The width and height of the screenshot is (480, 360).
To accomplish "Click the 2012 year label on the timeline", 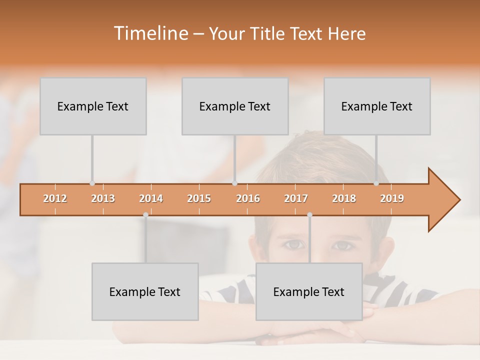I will (x=55, y=198).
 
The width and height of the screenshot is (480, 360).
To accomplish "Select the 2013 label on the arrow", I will (x=103, y=198).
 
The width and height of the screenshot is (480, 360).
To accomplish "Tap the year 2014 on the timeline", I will (x=151, y=198).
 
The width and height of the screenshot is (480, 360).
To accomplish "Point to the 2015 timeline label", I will (x=199, y=198).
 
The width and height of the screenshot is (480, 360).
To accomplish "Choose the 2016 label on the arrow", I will (x=248, y=198).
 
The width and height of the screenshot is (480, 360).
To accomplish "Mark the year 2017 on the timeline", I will (x=296, y=198).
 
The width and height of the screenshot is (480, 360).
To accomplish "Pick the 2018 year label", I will (x=344, y=198).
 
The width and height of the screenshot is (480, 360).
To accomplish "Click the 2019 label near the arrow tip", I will (x=392, y=198).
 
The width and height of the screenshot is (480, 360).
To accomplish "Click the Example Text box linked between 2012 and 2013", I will (x=93, y=106).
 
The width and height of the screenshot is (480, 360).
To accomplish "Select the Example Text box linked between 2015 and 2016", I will (x=235, y=106).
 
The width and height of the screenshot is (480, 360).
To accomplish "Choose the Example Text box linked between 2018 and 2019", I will (x=377, y=106).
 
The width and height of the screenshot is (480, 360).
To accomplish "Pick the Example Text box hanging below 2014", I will (x=145, y=291).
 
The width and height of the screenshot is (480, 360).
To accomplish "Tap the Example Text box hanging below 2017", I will (x=309, y=291).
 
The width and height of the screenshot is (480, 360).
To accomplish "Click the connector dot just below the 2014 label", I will (x=145, y=214).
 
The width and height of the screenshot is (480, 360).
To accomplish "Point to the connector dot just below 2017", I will (x=309, y=214).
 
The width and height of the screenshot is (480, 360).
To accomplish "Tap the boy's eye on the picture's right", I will (x=343, y=245).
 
